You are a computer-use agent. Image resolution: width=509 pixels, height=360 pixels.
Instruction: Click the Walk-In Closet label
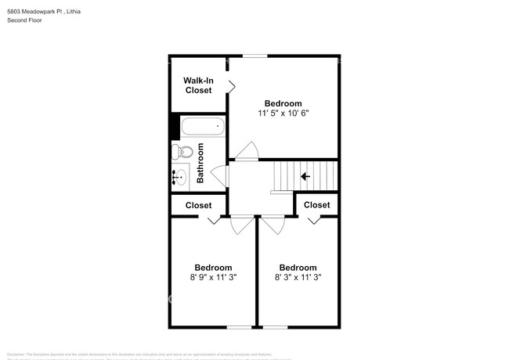(x=198, y=85)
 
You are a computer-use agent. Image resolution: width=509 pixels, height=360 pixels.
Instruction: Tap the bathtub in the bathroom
(x=201, y=126)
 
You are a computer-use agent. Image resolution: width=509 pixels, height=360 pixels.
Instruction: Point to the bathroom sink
(x=181, y=177)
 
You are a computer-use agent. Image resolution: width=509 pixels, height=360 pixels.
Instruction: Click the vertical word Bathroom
(x=200, y=163)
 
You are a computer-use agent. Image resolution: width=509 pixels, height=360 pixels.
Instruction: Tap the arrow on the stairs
(x=305, y=176)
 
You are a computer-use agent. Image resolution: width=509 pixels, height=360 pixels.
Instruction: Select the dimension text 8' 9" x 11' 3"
(x=213, y=277)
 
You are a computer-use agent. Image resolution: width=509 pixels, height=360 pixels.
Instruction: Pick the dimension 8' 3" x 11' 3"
(x=298, y=277)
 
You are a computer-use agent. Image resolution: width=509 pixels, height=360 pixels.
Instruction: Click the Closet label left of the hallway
(x=198, y=206)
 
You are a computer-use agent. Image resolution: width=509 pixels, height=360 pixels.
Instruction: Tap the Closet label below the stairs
(x=317, y=205)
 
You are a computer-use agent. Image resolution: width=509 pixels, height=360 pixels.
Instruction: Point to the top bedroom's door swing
(x=248, y=150)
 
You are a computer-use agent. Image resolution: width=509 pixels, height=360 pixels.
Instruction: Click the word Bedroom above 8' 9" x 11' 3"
(x=213, y=267)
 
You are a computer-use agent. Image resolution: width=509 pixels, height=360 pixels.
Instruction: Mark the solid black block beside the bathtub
(x=175, y=127)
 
